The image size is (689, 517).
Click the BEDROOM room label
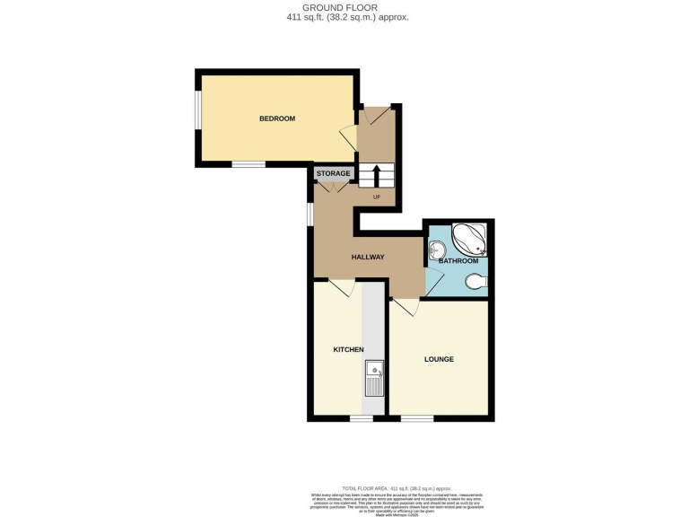(277, 118)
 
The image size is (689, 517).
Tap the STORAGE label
(333, 173)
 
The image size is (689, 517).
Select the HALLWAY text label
(368, 257)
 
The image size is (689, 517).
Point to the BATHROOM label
(458, 260)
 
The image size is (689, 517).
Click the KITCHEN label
(348, 349)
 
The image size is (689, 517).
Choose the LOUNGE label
(439, 359)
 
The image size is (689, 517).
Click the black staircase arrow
(376, 174)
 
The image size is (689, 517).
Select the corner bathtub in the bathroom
(469, 239)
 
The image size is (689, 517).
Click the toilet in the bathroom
(476, 282)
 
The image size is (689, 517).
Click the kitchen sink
(374, 378)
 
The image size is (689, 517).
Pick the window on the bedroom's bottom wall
(249, 164)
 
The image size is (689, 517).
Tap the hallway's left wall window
(310, 215)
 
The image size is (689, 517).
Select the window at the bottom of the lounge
(416, 418)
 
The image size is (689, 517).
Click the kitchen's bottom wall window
(362, 418)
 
